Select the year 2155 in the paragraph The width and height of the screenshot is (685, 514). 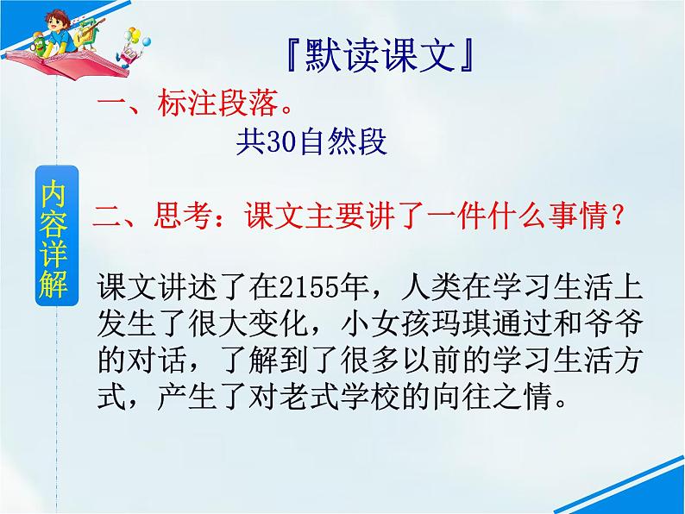tap(304, 285)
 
